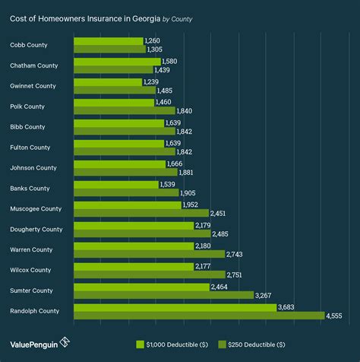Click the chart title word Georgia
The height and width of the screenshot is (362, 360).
tap(144, 17)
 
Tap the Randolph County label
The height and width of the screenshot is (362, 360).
tap(34, 311)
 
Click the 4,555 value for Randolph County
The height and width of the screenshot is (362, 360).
tap(335, 316)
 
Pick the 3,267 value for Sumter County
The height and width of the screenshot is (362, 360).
tap(264, 295)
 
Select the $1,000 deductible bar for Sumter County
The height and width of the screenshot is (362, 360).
tap(141, 287)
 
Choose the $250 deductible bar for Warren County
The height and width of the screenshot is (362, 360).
tap(150, 254)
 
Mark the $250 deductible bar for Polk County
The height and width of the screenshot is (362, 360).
tap(125, 111)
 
